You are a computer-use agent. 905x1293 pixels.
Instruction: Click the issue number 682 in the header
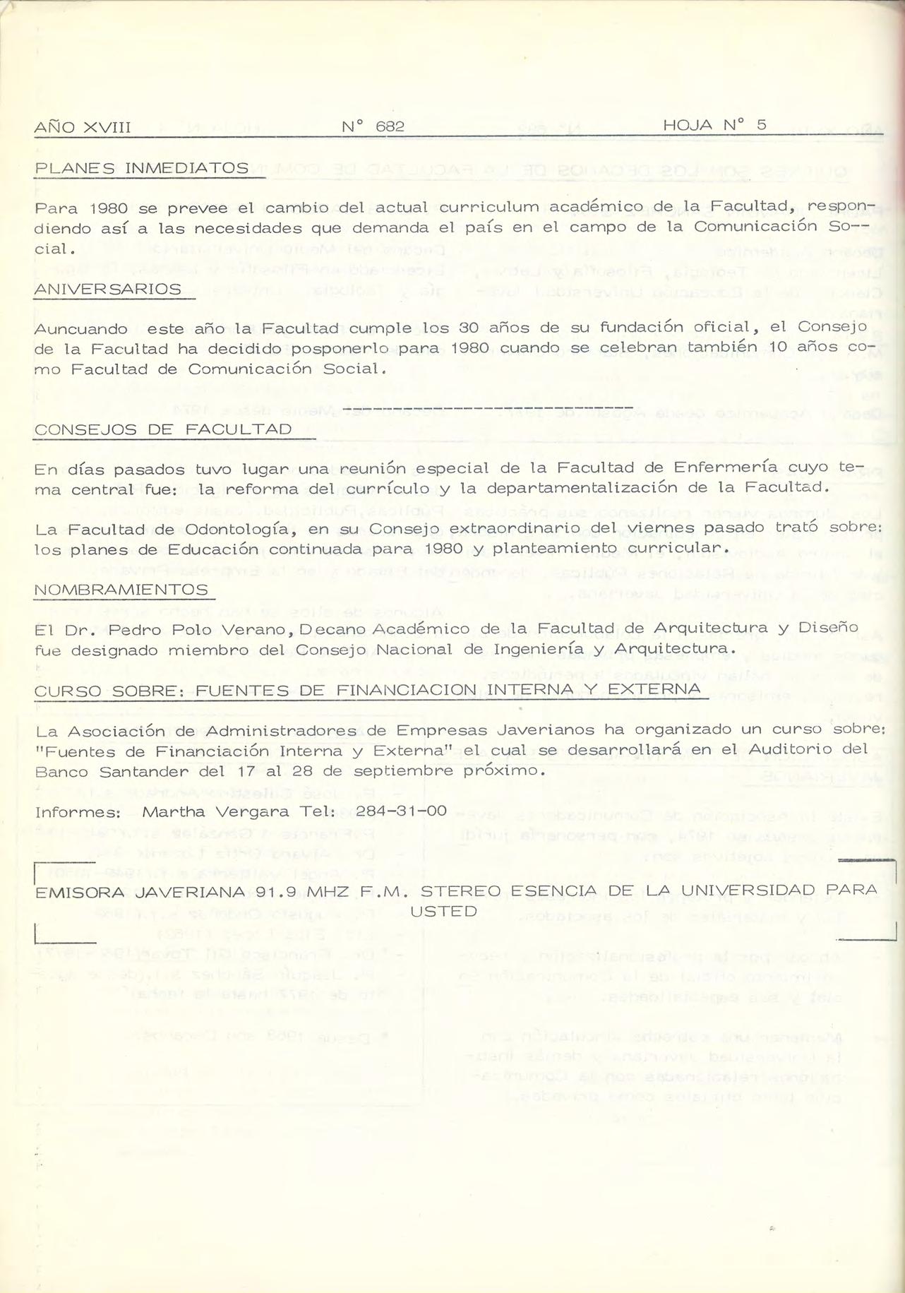[390, 127]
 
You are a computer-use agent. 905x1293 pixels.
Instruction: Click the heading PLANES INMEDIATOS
[141, 169]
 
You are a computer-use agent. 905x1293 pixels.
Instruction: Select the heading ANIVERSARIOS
[107, 290]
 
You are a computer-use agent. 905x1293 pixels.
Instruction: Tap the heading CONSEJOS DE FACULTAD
[163, 430]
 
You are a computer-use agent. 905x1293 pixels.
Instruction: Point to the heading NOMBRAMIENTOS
[121, 590]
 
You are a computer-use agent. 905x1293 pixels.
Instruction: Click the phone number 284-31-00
[401, 811]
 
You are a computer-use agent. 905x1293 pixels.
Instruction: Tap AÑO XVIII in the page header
[83, 128]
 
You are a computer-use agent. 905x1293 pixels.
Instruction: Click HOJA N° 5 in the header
[714, 126]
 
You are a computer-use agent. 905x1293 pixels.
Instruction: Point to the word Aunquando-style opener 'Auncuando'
[81, 329]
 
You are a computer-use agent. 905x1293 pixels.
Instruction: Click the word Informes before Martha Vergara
[78, 811]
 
